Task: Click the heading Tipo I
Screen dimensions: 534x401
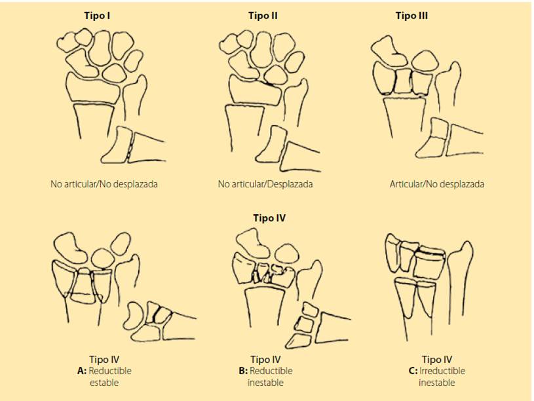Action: [x=97, y=16]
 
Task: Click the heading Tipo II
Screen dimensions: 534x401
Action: [x=263, y=16]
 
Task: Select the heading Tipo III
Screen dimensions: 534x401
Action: [x=411, y=16]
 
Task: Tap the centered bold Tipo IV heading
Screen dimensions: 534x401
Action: [x=269, y=218]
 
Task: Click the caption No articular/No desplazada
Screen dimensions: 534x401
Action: [x=104, y=184]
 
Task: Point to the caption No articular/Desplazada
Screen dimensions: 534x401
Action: [x=265, y=184]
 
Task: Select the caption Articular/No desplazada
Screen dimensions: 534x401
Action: [x=436, y=184]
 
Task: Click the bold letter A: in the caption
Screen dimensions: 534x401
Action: [x=82, y=371]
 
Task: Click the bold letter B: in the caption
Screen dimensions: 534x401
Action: [x=243, y=371]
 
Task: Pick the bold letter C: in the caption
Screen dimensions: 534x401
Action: [x=413, y=371]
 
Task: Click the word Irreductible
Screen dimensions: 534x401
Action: [x=442, y=371]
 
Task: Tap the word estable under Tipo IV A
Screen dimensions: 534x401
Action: [x=104, y=383]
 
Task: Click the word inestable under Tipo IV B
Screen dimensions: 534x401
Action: [x=265, y=383]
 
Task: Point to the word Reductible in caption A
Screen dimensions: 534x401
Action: [x=110, y=371]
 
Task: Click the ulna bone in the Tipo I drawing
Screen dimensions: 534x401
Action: [x=134, y=97]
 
